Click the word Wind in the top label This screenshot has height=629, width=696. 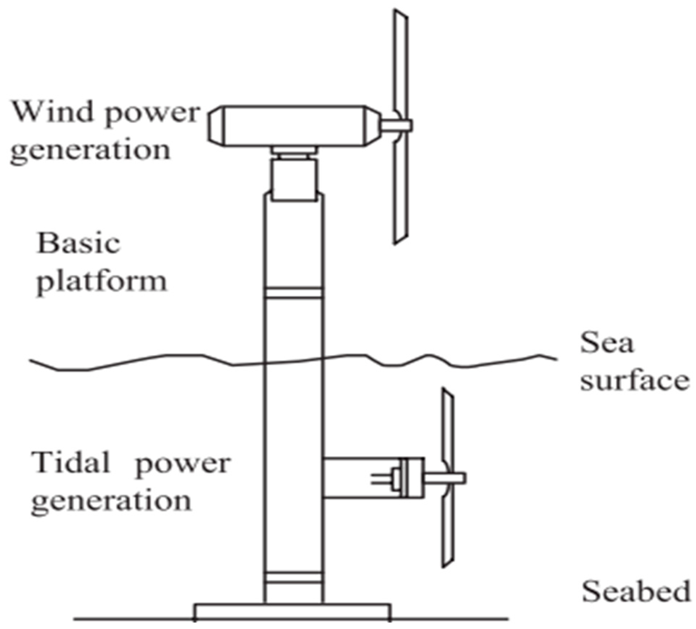point(52,112)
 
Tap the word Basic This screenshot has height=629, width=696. point(78,244)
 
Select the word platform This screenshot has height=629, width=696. point(102,282)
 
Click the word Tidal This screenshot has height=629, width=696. point(71,462)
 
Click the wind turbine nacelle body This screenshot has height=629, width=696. point(294,126)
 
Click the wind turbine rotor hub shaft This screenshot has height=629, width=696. point(396,125)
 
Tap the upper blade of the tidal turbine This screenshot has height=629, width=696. point(448,426)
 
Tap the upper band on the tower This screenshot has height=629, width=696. point(293,292)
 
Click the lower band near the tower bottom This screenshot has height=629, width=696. point(293,578)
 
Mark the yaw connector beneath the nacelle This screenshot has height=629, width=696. point(294,153)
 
